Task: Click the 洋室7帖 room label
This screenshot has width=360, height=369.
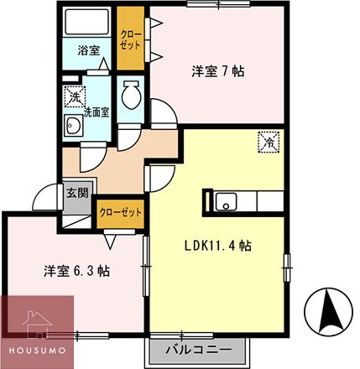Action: (216, 72)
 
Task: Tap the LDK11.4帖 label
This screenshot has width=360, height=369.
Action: (217, 246)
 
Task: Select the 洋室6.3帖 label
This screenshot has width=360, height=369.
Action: (77, 271)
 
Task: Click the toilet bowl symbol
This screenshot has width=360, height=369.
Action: (131, 97)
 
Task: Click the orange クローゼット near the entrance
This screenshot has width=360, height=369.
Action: (117, 213)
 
